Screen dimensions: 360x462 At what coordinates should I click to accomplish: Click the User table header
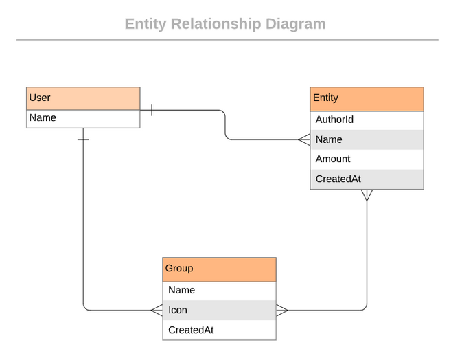click(83, 98)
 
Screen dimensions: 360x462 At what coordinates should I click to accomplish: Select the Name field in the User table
click(83, 118)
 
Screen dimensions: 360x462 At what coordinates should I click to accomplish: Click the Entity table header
click(367, 98)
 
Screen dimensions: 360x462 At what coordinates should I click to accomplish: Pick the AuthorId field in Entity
click(367, 120)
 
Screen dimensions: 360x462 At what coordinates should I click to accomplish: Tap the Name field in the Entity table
click(367, 139)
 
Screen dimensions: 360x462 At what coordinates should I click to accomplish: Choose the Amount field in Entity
click(367, 159)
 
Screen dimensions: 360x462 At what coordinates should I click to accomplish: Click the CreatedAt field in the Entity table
click(367, 179)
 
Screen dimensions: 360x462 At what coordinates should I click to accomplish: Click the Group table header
click(220, 269)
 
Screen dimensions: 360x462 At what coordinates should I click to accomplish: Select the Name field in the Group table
click(220, 291)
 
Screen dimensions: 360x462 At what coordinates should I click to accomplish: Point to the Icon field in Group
click(220, 311)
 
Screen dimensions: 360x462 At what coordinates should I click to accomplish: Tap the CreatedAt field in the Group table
click(220, 330)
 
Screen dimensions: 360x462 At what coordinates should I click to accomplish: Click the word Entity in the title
click(145, 24)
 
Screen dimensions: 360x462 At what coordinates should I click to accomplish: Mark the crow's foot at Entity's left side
click(304, 140)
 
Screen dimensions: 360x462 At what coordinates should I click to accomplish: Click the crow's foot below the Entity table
click(367, 195)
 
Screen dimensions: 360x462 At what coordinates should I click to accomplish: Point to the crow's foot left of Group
click(157, 311)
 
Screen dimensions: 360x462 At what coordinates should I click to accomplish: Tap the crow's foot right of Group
click(282, 311)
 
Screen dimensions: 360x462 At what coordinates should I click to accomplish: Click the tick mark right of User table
click(151, 110)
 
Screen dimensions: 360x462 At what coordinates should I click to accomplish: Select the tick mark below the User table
click(83, 139)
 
